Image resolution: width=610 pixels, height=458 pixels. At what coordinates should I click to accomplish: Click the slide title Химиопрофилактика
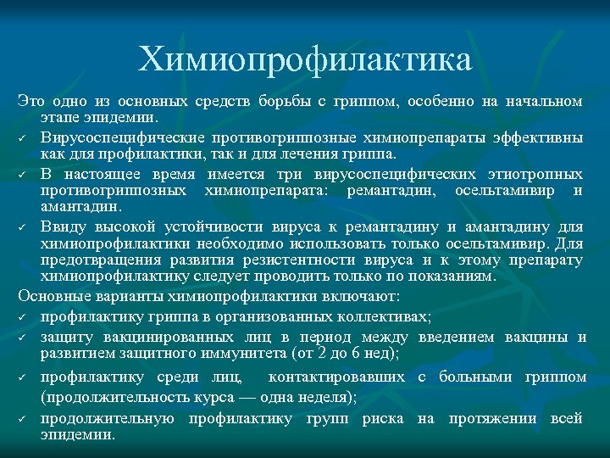click(305, 60)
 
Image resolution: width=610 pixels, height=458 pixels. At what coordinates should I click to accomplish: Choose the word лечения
click(293, 154)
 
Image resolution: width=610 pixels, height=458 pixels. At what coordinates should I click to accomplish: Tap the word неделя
click(321, 396)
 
